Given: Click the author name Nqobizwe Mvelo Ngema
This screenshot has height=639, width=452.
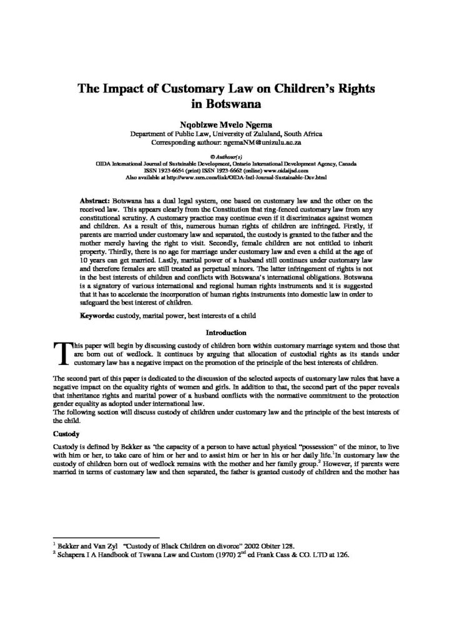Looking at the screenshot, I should tap(225, 125).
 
